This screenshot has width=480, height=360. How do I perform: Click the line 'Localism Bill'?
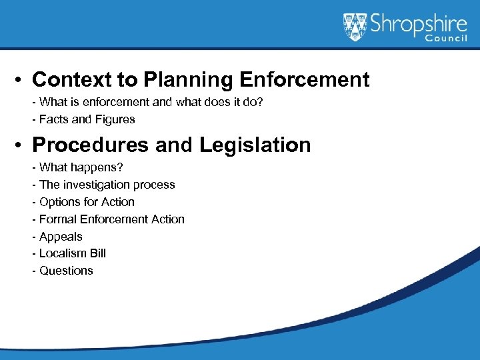(69, 253)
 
